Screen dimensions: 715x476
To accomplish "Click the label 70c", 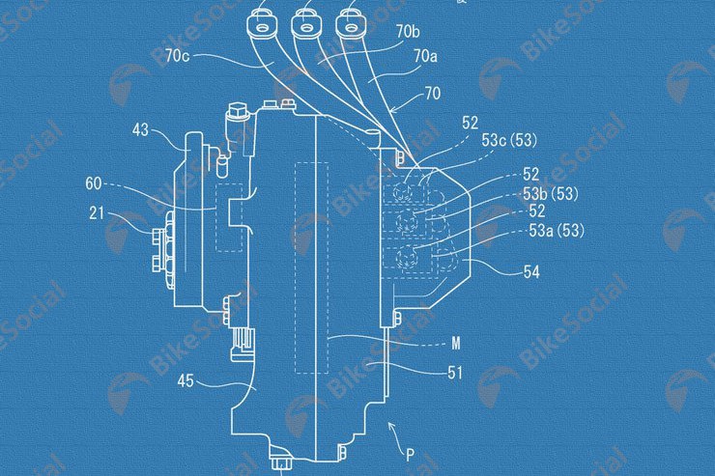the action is tap(177, 56).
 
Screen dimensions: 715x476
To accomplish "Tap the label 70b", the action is tap(408, 32).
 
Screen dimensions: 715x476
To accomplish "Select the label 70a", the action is tap(425, 56).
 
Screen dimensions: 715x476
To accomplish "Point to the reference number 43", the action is tap(140, 129).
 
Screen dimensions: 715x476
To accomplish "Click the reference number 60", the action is tap(94, 183).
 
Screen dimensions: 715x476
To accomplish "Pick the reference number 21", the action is tap(97, 212).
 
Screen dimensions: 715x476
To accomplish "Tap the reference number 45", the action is tap(186, 380).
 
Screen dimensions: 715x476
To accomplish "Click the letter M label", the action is tap(455, 343).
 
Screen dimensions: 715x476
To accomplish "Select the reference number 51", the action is tap(455, 373).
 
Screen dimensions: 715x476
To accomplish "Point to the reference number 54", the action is tap(531, 272).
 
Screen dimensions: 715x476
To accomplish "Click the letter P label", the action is tap(410, 455).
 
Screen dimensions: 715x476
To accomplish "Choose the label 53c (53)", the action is tap(509, 140).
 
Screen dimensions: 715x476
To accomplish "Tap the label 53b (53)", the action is tap(551, 194).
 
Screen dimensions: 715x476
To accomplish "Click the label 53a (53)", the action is tap(557, 231).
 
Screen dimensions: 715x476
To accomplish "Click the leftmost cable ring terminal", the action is tap(261, 25).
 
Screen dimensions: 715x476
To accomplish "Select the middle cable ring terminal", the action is tap(305, 25).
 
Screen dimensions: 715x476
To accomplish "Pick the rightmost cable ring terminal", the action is tap(350, 25).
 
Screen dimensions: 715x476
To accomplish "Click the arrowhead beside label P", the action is tap(390, 426).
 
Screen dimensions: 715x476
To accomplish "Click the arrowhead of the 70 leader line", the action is tap(393, 110).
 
